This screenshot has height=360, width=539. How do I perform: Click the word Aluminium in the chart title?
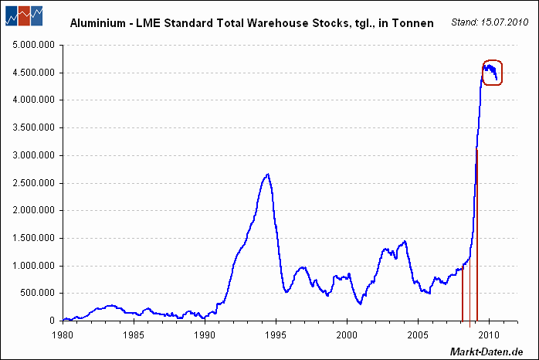pyautogui.click(x=98, y=23)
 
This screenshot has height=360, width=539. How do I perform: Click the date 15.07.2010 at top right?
pyautogui.click(x=504, y=22)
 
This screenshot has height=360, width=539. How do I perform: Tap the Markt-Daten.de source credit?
pyautogui.click(x=486, y=352)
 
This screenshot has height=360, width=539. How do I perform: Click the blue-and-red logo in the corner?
pyautogui.click(x=24, y=15)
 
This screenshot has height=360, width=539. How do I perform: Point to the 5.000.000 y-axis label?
pyautogui.click(x=34, y=45)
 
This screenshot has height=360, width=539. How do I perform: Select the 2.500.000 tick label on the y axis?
pyautogui.click(x=34, y=183)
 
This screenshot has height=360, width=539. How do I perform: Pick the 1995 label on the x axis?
pyautogui.click(x=276, y=335)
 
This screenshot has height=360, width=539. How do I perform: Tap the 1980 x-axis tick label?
pyautogui.click(x=63, y=335)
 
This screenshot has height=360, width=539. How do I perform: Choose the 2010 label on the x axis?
pyautogui.click(x=489, y=335)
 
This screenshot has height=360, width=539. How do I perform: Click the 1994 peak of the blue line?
pyautogui.click(x=268, y=174)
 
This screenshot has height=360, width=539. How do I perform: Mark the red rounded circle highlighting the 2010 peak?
pyautogui.click(x=492, y=60)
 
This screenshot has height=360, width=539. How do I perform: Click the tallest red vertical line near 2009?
pyautogui.click(x=477, y=235)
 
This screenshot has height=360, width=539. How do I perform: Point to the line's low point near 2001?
pyautogui.click(x=361, y=304)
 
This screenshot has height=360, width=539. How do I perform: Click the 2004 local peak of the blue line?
pyautogui.click(x=405, y=241)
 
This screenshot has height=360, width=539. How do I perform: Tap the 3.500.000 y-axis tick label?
pyautogui.click(x=34, y=127)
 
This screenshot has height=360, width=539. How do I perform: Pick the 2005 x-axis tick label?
pyautogui.click(x=418, y=335)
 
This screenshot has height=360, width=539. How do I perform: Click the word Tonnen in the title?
pyautogui.click(x=413, y=23)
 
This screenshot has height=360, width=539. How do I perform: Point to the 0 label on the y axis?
pyautogui.click(x=53, y=321)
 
